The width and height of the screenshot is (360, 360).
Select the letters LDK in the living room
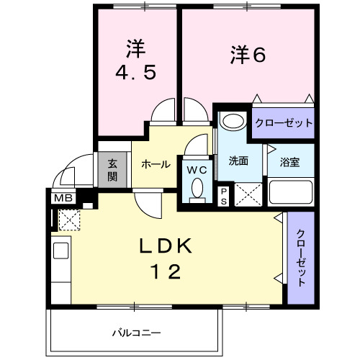click(x=166, y=246)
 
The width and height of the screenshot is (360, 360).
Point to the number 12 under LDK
click(x=166, y=271)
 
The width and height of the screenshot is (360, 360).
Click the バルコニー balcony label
click(x=135, y=333)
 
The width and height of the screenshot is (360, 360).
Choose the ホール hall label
click(x=156, y=164)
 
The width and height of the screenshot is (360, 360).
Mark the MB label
click(x=60, y=197)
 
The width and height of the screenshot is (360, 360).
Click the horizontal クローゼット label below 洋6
click(x=283, y=123)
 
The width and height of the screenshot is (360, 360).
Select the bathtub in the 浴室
click(x=290, y=193)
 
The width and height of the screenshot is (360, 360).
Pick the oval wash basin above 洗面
click(x=233, y=120)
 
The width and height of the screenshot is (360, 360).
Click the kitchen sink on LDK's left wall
click(x=60, y=253)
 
